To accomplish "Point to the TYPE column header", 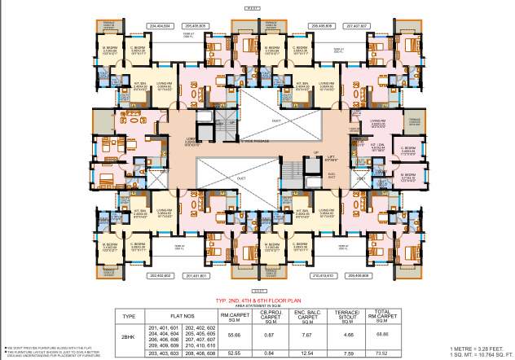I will point(127,316).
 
